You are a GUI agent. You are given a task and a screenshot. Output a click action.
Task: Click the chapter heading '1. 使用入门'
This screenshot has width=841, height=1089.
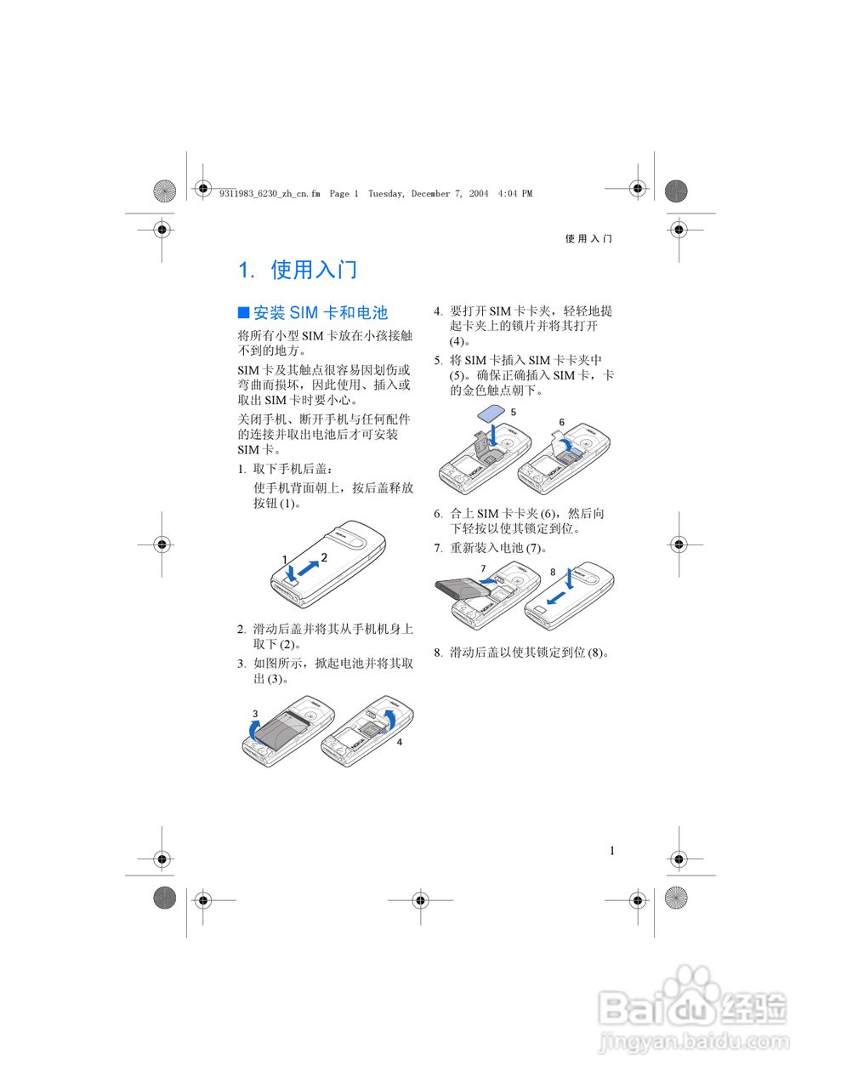(x=298, y=271)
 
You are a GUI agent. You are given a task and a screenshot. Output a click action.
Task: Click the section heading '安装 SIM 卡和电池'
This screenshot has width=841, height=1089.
(x=320, y=313)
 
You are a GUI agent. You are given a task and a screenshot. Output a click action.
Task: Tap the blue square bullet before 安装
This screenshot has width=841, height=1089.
(x=243, y=312)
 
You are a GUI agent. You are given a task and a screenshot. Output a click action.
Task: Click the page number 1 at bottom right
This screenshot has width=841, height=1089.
(x=612, y=851)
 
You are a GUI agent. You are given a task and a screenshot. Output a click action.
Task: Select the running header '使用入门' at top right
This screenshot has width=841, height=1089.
(x=588, y=239)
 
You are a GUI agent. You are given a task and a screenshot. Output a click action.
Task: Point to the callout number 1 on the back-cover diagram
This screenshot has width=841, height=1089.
(x=286, y=559)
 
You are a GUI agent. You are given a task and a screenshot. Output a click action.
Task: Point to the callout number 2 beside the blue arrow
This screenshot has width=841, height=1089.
(x=324, y=556)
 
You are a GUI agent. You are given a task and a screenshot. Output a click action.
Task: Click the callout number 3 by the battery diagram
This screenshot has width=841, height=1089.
(x=255, y=713)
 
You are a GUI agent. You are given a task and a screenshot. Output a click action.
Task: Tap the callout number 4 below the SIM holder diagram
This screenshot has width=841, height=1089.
(x=400, y=742)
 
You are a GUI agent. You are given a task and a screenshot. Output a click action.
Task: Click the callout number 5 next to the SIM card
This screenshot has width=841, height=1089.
(x=514, y=412)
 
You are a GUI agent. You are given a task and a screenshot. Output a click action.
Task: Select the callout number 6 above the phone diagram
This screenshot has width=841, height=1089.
(x=562, y=422)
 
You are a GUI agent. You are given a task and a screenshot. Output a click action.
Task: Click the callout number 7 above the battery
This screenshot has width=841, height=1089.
(x=483, y=568)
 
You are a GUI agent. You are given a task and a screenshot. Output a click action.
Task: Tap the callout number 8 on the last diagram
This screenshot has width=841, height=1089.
(x=553, y=572)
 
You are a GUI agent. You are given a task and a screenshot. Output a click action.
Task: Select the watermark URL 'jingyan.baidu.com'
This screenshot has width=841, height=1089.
(x=694, y=1041)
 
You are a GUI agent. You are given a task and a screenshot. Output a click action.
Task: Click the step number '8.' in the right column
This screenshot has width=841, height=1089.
(x=438, y=653)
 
